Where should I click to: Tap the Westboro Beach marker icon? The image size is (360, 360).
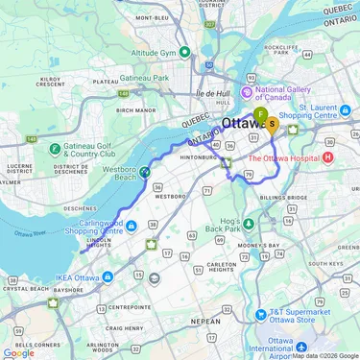point(144,172)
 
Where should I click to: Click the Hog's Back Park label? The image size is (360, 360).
point(223,224)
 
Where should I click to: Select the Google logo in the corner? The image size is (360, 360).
point(18,352)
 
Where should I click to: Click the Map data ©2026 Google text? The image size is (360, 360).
point(324,355)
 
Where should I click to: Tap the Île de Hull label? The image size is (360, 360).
point(214,93)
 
